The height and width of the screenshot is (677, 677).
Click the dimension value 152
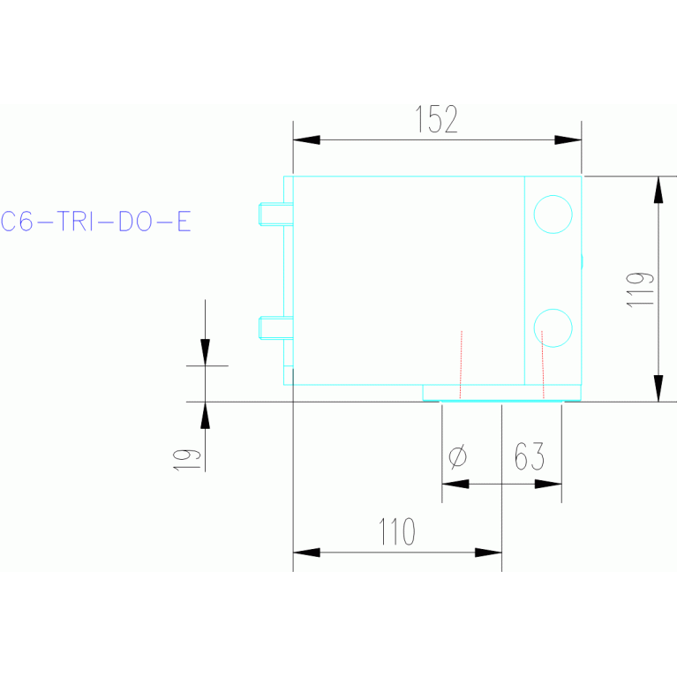[437, 119]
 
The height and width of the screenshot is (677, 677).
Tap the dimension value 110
[396, 532]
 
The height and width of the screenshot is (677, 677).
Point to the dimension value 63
[529, 457]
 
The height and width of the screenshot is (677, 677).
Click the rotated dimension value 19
[184, 458]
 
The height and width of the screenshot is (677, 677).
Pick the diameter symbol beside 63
[458, 457]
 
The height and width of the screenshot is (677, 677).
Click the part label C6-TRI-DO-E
[95, 221]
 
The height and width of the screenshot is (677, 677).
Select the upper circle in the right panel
[553, 214]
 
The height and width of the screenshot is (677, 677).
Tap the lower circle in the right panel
[553, 327]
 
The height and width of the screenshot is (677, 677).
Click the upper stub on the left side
[275, 214]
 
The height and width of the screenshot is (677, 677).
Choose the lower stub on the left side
[275, 327]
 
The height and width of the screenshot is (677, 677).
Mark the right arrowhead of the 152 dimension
[568, 139]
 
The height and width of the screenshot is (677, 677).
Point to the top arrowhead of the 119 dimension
[658, 189]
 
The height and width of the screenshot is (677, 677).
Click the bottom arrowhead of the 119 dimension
[658, 388]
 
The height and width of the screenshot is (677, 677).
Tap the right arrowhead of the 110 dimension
[488, 553]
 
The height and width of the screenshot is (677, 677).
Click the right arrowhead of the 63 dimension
[548, 484]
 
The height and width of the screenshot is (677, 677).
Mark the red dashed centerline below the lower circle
[543, 365]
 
